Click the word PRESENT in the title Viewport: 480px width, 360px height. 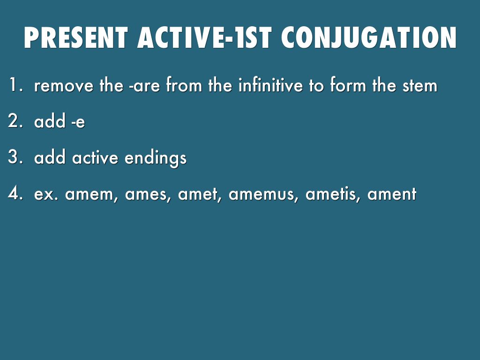[75, 37]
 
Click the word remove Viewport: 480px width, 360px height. [64, 85]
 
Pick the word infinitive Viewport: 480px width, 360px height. [270, 85]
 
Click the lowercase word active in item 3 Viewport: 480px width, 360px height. [95, 157]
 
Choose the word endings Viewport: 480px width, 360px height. [156, 158]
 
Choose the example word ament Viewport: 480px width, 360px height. [392, 194]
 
